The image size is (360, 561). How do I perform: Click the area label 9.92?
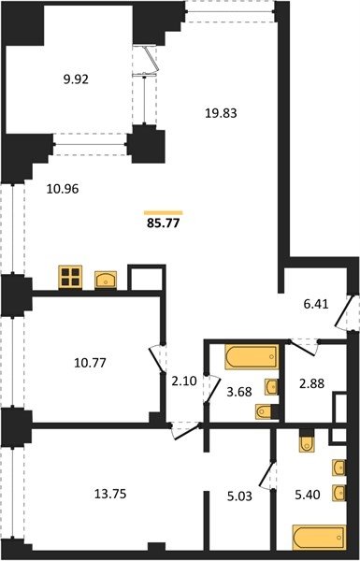click(76, 79)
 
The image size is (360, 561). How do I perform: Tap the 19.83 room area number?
click(222, 113)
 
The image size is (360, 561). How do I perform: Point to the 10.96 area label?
click(63, 189)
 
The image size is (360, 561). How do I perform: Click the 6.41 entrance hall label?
click(316, 304)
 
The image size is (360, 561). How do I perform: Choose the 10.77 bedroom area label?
click(90, 363)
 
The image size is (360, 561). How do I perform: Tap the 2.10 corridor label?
click(184, 381)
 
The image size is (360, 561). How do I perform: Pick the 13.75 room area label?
click(110, 494)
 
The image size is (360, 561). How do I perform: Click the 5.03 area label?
click(239, 496)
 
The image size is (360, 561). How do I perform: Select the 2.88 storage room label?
click(311, 383)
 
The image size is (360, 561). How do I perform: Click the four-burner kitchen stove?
click(70, 277)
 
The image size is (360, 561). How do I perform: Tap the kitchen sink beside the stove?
click(106, 280)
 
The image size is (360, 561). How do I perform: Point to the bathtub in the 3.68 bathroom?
click(252, 357)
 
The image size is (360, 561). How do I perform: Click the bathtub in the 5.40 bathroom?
click(319, 537)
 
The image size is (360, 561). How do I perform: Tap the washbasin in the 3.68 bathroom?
click(271, 387)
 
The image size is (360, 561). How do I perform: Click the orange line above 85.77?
click(164, 212)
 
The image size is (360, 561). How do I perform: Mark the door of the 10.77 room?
click(156, 358)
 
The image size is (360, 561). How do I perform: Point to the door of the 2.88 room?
click(304, 346)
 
